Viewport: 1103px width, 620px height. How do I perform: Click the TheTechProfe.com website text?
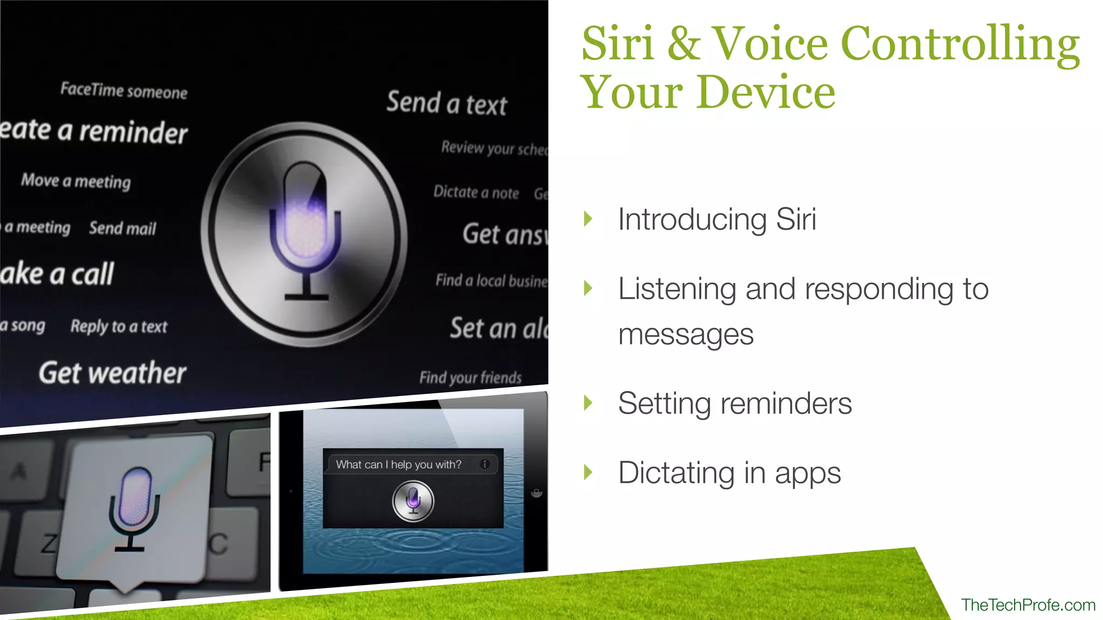[1028, 605]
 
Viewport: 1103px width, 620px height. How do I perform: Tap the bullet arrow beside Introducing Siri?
[588, 219]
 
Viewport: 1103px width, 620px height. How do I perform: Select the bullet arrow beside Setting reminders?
[588, 403]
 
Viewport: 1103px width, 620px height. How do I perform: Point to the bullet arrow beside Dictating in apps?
[588, 473]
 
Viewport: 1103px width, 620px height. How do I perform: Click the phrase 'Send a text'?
[446, 103]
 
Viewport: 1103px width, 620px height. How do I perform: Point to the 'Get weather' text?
[112, 373]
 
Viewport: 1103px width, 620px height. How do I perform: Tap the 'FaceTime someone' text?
[123, 90]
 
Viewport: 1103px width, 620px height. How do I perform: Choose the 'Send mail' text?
[122, 228]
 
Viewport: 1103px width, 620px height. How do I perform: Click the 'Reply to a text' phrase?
[118, 326]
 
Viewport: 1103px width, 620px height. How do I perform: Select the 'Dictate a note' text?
[476, 192]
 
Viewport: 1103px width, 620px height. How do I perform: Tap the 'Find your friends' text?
[470, 377]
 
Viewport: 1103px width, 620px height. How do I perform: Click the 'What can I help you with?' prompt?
[399, 464]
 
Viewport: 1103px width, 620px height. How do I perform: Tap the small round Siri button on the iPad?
[413, 501]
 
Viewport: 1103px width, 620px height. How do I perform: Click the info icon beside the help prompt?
[485, 464]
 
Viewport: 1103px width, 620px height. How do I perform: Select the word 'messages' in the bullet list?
[686, 334]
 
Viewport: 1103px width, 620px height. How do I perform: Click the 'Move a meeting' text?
[76, 181]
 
